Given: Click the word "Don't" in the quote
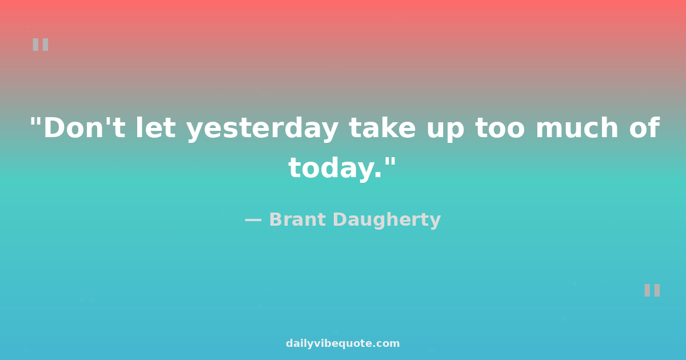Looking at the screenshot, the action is (84, 127).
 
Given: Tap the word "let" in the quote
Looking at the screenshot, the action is (155, 127).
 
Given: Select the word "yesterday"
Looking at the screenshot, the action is (262, 129).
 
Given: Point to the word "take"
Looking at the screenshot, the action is (382, 127).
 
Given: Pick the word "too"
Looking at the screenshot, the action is (500, 128).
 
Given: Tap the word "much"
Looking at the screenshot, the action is (577, 127).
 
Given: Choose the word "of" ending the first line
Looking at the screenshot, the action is (644, 127).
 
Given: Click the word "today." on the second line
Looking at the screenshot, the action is (335, 168).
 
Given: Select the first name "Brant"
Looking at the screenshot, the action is (297, 219).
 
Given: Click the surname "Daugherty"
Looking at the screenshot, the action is (386, 220).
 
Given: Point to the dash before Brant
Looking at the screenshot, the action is (253, 220).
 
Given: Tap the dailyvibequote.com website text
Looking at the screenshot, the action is (342, 343).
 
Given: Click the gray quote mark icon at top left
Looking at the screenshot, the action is (41, 45).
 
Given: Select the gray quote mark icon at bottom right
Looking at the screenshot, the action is (652, 290).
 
